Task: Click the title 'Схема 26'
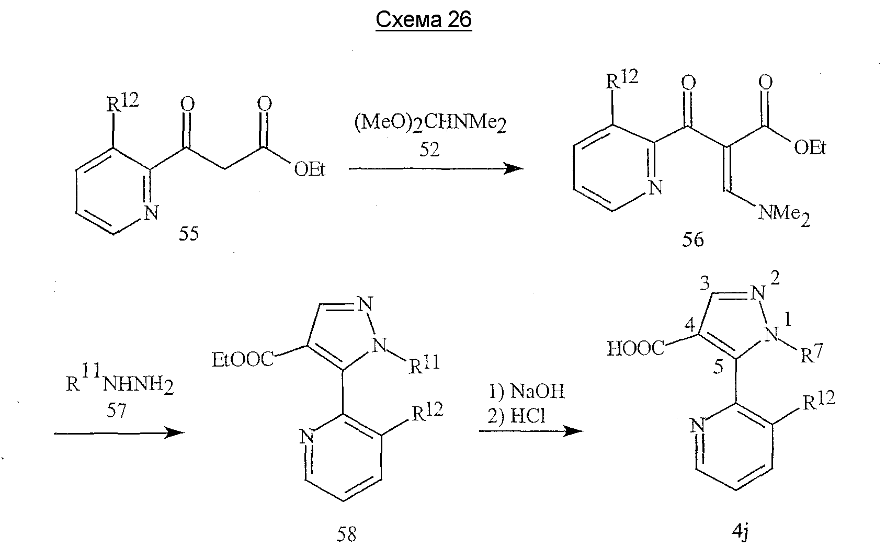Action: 424,20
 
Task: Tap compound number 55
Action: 189,234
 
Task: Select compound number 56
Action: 693,240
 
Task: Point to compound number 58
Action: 346,534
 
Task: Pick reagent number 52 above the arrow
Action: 429,150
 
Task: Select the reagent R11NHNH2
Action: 120,380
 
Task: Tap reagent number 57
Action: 116,410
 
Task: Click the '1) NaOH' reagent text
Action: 527,391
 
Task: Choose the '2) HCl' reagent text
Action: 517,416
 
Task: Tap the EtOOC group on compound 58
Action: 243,360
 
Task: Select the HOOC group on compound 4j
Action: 636,349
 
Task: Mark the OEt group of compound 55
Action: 310,169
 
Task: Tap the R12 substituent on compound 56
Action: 622,79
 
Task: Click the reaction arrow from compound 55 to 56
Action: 436,169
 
